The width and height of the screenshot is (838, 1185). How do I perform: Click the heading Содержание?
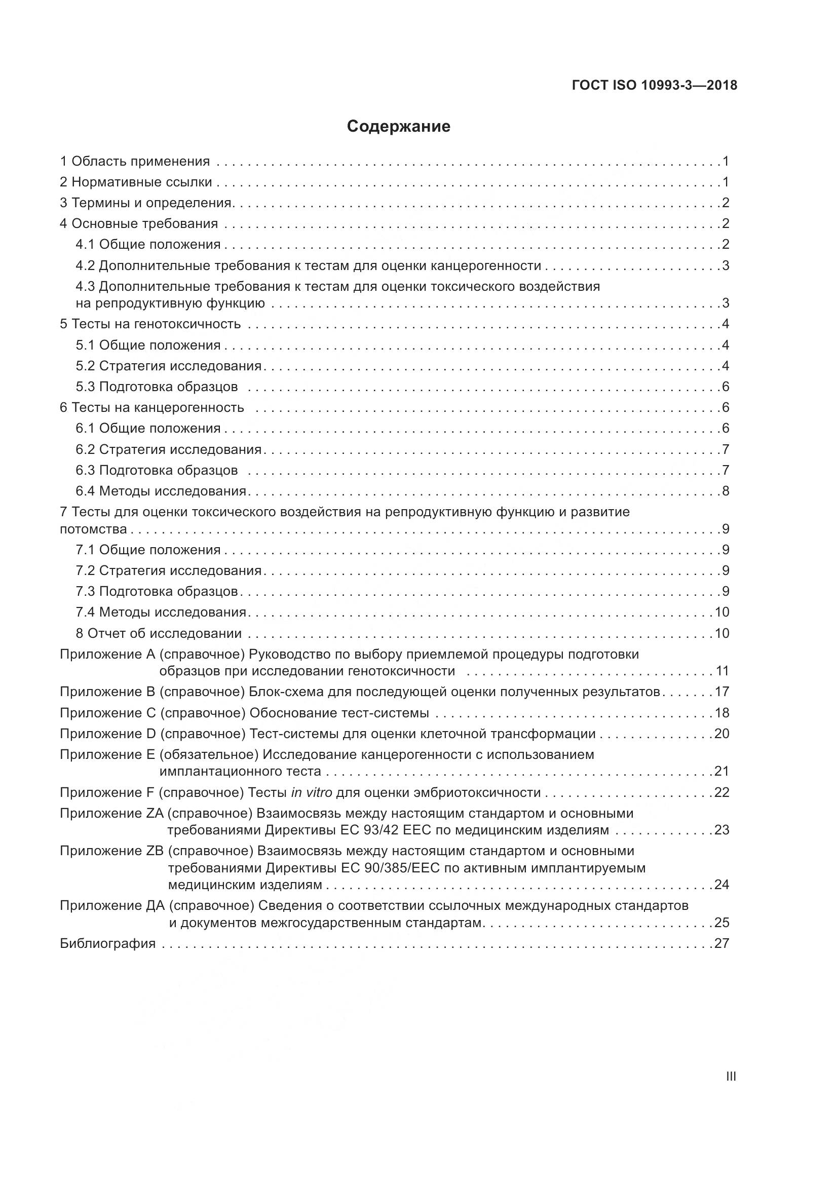click(x=398, y=127)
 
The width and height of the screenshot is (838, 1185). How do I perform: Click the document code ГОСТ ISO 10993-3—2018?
click(x=654, y=86)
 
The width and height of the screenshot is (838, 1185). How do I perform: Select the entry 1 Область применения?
click(x=135, y=162)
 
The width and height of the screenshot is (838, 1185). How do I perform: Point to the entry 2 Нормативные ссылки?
click(x=136, y=182)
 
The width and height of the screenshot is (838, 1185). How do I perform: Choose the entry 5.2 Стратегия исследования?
click(x=169, y=366)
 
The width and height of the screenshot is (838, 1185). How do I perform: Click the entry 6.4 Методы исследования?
click(x=161, y=491)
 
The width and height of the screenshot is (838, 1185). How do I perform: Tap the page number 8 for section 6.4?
click(x=726, y=491)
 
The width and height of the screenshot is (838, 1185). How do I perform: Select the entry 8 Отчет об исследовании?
click(x=159, y=633)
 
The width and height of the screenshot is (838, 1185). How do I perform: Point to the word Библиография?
click(x=108, y=943)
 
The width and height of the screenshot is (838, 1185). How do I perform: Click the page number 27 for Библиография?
click(x=722, y=943)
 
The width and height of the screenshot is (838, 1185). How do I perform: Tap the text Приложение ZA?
click(x=111, y=814)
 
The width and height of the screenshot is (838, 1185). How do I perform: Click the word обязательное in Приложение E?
click(x=209, y=754)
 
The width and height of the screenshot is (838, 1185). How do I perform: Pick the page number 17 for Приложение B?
click(x=722, y=692)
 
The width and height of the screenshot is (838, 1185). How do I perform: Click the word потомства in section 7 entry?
click(x=93, y=529)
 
